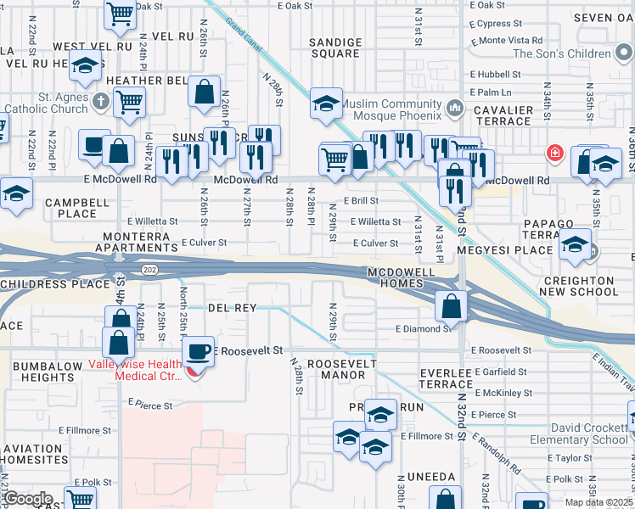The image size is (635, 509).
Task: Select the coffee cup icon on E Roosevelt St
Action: [199, 350]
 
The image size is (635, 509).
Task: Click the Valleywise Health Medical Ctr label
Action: [136, 371]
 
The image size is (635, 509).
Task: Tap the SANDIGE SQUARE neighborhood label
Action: [334, 48]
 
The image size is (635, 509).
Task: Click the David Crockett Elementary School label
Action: [590, 433]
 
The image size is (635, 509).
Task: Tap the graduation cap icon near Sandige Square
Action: [326, 103]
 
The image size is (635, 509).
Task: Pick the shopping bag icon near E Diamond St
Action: [452, 306]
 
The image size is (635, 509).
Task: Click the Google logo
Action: [28, 499]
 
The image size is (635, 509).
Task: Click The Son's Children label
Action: [562, 53]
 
